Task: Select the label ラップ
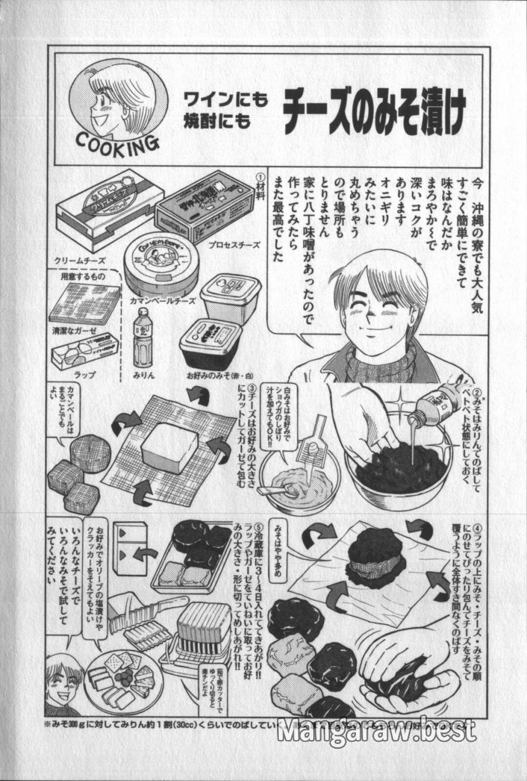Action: (x=81, y=374)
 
